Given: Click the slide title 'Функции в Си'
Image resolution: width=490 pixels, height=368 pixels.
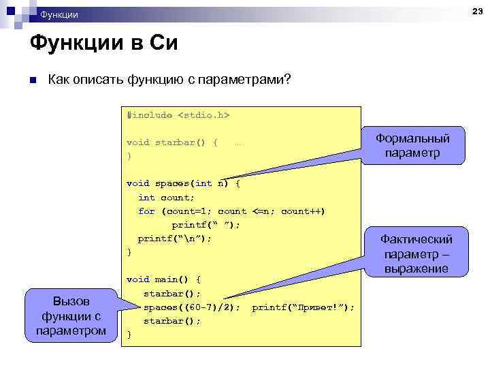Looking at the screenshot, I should click(103, 44).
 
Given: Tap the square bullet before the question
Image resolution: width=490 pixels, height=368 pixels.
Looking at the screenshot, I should click(31, 80).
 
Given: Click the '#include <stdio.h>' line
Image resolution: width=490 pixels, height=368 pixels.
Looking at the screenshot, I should click(178, 115).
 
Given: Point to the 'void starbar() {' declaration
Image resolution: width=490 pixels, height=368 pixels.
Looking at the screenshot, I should click(172, 142).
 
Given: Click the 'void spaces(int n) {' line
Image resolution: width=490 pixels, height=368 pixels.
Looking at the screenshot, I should click(183, 183).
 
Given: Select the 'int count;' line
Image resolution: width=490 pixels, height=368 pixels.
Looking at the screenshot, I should click(166, 197).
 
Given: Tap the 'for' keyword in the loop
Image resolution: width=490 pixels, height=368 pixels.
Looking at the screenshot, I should click(146, 211).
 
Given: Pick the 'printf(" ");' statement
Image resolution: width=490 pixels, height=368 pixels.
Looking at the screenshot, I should click(206, 224).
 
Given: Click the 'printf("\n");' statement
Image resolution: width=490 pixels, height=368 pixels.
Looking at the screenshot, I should click(175, 238).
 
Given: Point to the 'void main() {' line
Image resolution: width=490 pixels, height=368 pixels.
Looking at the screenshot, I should click(163, 279).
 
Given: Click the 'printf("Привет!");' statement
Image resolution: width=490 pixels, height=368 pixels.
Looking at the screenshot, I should click(303, 307).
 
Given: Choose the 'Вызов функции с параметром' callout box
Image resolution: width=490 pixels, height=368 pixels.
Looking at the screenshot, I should click(71, 316).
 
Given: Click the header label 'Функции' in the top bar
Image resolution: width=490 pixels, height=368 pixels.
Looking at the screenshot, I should click(59, 14).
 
